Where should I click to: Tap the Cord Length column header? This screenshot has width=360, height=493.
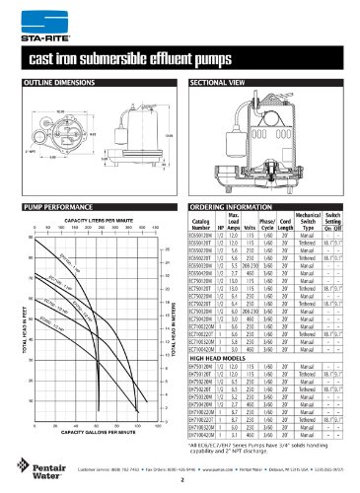pos(303,224)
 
